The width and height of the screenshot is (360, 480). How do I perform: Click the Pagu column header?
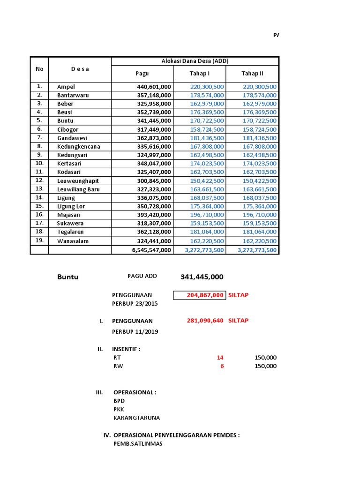click(142, 73)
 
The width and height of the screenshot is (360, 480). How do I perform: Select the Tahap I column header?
click(200, 73)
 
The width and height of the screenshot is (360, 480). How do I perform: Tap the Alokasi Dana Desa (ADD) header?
click(195, 61)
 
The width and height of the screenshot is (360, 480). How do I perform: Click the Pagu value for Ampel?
click(154, 87)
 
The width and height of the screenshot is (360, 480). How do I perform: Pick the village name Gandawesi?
click(72, 138)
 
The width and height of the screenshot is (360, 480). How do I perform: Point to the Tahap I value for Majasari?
click(207, 215)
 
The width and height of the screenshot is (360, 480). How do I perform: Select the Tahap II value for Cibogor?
click(260, 129)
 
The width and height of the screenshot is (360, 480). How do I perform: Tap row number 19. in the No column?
click(39, 240)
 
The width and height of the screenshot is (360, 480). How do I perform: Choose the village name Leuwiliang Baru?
click(78, 189)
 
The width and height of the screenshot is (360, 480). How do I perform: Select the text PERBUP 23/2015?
click(135, 304)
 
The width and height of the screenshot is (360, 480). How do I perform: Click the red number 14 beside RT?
click(220, 358)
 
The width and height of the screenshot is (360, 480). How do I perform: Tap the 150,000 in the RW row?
click(265, 366)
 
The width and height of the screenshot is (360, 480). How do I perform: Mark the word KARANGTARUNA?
click(136, 418)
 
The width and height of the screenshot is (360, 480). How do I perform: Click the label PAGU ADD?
click(142, 276)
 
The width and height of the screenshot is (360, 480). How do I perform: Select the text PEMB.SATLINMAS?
click(138, 443)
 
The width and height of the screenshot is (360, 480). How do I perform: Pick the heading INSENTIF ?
click(126, 349)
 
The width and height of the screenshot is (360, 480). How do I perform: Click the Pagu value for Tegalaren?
click(154, 232)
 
